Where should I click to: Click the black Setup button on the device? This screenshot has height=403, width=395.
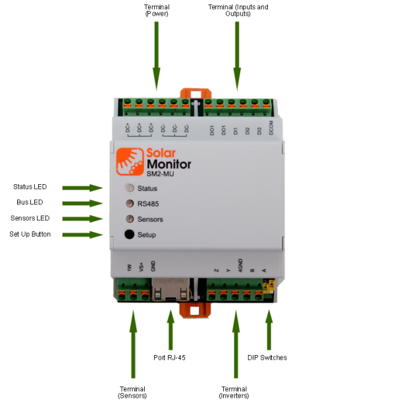pos(130,235)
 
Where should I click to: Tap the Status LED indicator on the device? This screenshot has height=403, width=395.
pos(130,189)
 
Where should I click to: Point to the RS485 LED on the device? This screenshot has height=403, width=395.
pos(130,204)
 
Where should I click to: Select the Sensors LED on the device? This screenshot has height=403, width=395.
pos(130,219)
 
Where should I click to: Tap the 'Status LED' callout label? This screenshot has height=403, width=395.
pos(30,187)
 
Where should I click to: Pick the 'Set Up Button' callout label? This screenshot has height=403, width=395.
pos(30,234)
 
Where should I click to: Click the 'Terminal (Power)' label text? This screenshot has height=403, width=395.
pos(157,11)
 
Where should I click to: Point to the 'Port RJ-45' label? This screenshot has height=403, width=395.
pos(170,358)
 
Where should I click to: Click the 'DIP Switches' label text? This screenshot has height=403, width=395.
pos(267,358)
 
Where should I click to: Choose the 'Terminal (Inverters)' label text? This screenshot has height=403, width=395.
pos(235,392)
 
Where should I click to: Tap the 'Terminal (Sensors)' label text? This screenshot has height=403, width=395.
pos(132,392)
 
